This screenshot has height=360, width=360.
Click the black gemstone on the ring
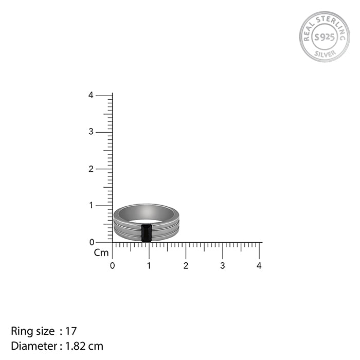(146, 232)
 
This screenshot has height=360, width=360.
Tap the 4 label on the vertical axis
(91, 95)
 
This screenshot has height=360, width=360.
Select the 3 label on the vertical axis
(91, 132)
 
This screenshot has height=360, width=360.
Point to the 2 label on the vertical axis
(91, 169)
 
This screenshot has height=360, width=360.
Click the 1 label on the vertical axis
(91, 205)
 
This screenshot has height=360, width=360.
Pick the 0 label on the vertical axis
(91, 242)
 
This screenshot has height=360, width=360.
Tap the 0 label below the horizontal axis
(113, 266)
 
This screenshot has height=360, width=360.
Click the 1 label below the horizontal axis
(149, 266)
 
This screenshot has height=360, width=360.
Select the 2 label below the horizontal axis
(186, 266)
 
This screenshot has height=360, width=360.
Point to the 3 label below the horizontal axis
(222, 266)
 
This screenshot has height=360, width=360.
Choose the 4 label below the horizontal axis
(259, 266)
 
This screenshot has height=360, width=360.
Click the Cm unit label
(101, 253)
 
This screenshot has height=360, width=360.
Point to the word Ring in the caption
(21, 331)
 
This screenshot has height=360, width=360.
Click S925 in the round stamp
(324, 37)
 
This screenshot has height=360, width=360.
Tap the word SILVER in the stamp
(325, 53)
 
